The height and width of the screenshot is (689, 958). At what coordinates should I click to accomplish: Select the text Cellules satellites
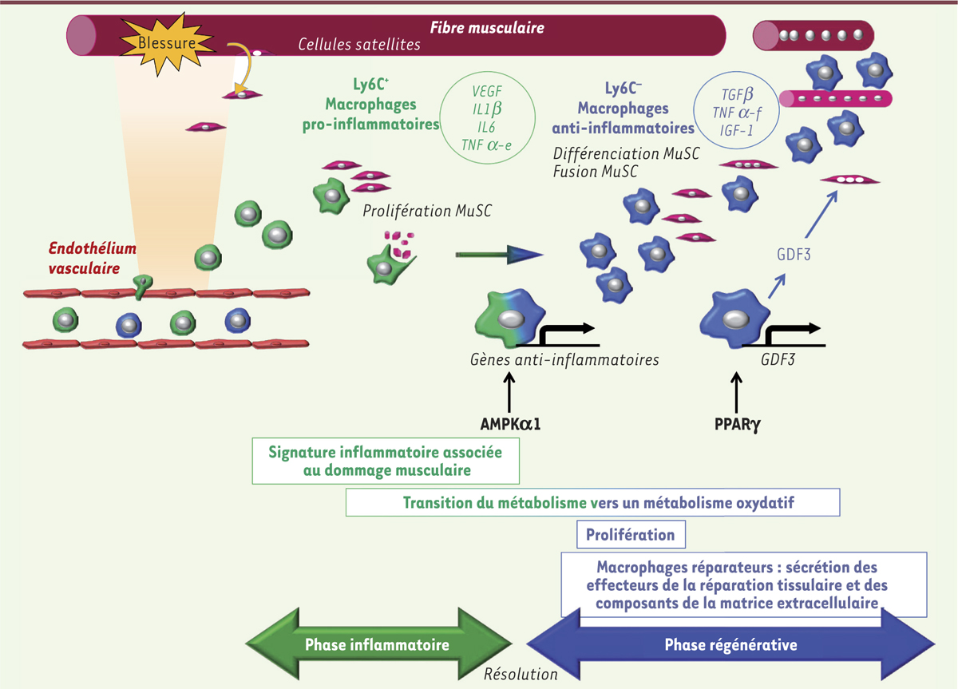pyautogui.click(x=359, y=45)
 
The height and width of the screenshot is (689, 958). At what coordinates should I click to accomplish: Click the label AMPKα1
pyautogui.click(x=506, y=423)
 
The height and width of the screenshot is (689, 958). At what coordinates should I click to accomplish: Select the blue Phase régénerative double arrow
pyautogui.click(x=730, y=643)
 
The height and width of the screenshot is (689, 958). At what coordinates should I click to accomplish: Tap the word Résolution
pyautogui.click(x=521, y=674)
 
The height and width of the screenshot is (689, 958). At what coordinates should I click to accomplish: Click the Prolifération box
pyautogui.click(x=631, y=535)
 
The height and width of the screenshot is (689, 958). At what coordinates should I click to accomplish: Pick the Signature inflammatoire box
pyautogui.click(x=386, y=461)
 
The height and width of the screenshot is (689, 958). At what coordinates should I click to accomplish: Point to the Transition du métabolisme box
pyautogui.click(x=592, y=503)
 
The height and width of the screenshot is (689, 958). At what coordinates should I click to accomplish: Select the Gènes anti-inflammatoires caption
pyautogui.click(x=564, y=360)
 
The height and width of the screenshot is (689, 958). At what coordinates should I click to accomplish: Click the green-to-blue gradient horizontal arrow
pyautogui.click(x=499, y=255)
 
